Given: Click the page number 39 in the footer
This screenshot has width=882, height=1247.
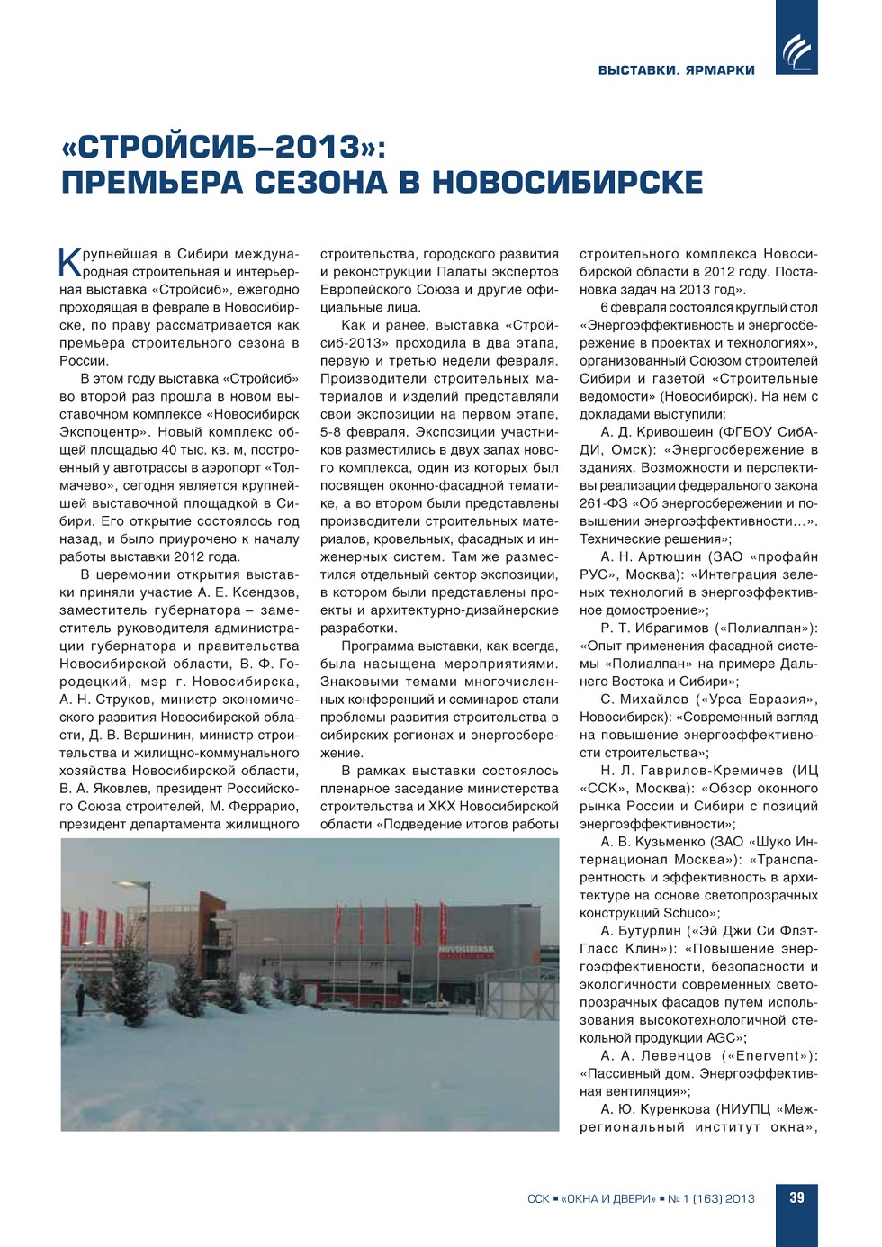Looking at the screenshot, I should click(x=796, y=1197).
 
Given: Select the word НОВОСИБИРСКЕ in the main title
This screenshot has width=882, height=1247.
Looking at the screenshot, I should click(x=567, y=183).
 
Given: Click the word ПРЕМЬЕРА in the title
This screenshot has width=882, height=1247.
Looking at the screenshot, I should click(x=153, y=183).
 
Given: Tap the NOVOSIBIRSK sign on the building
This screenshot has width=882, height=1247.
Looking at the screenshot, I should click(x=465, y=949).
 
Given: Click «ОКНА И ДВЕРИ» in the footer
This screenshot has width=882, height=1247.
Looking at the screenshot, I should click(x=608, y=1198).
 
